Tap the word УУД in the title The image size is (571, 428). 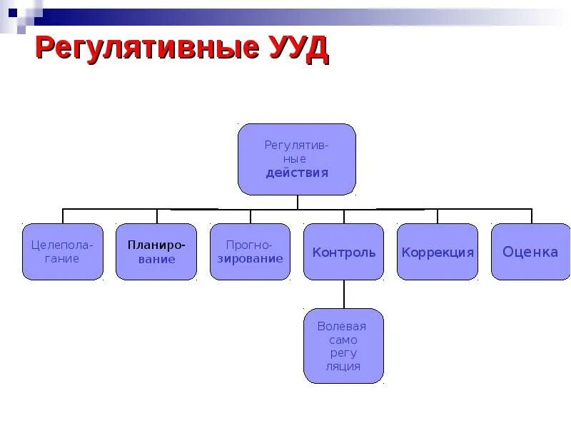(x=295, y=49)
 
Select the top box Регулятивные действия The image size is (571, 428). (x=296, y=159)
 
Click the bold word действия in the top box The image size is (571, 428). (x=297, y=173)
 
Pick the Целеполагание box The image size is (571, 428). (x=63, y=252)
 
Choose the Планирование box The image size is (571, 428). (x=156, y=252)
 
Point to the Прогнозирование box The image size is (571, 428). (x=250, y=252)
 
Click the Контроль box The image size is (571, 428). (x=344, y=252)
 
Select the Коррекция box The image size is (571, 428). (x=438, y=252)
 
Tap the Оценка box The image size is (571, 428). (x=530, y=252)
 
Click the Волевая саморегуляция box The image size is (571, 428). (x=344, y=346)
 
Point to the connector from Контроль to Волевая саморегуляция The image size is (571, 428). (x=344, y=294)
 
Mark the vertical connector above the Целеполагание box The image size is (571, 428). (x=63, y=216)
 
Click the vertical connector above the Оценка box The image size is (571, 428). (x=531, y=216)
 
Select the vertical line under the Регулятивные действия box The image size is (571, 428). (x=297, y=202)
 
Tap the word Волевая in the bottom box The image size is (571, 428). (x=342, y=326)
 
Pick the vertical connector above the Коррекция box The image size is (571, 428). (x=438, y=216)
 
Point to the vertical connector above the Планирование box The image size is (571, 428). (x=156, y=216)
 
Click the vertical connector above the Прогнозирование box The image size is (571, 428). (x=250, y=216)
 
